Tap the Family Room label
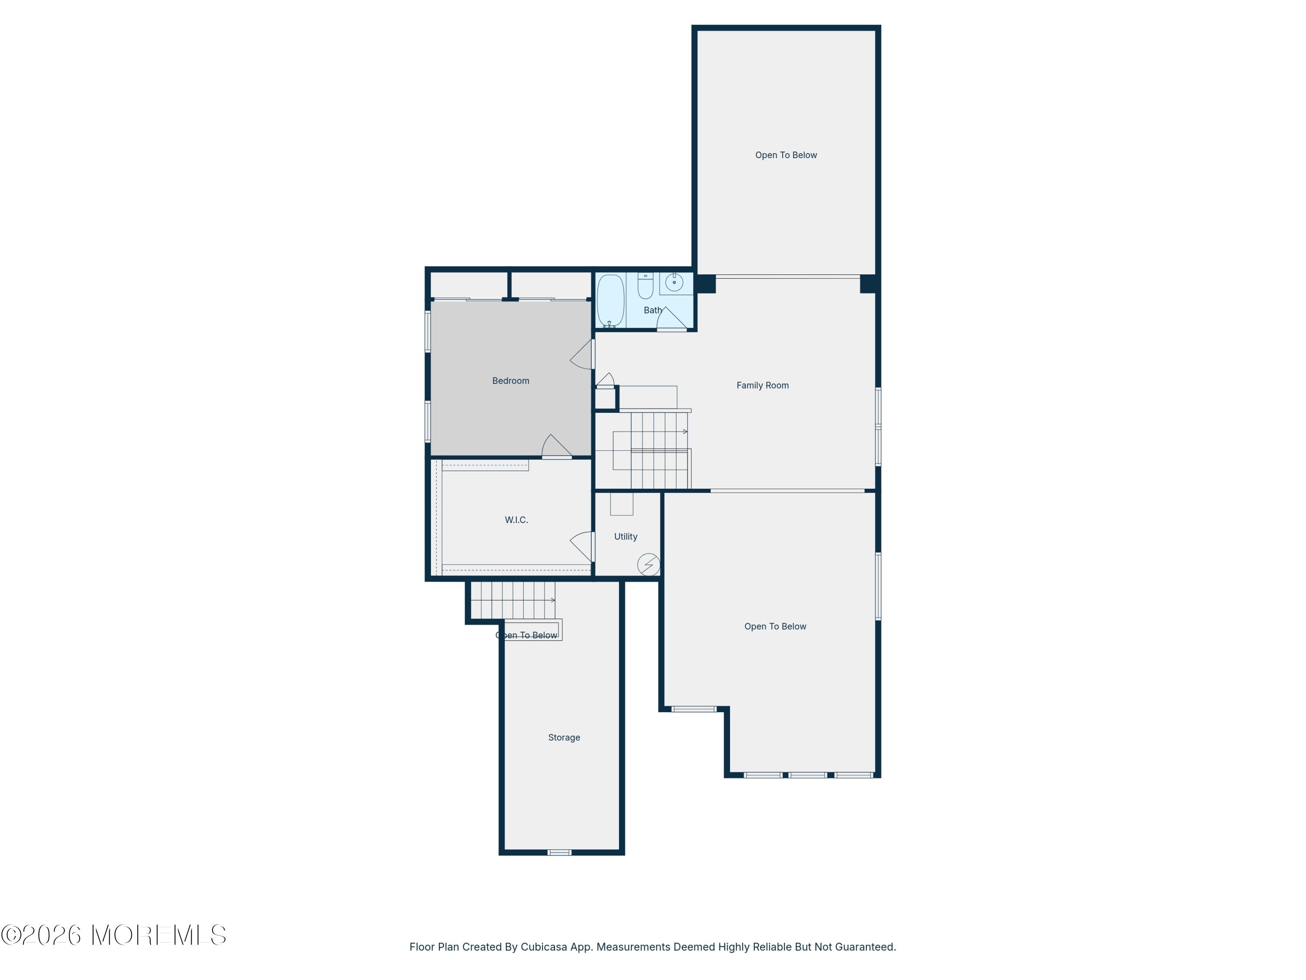tap(762, 385)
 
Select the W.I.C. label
tap(516, 520)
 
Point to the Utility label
tap(625, 536)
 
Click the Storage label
tap(564, 737)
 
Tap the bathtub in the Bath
tap(610, 301)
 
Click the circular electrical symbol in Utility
tap(648, 564)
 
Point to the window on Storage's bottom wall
tap(559, 852)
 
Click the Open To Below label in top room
tap(786, 155)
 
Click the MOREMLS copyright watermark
tap(113, 935)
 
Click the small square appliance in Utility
tap(621, 504)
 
